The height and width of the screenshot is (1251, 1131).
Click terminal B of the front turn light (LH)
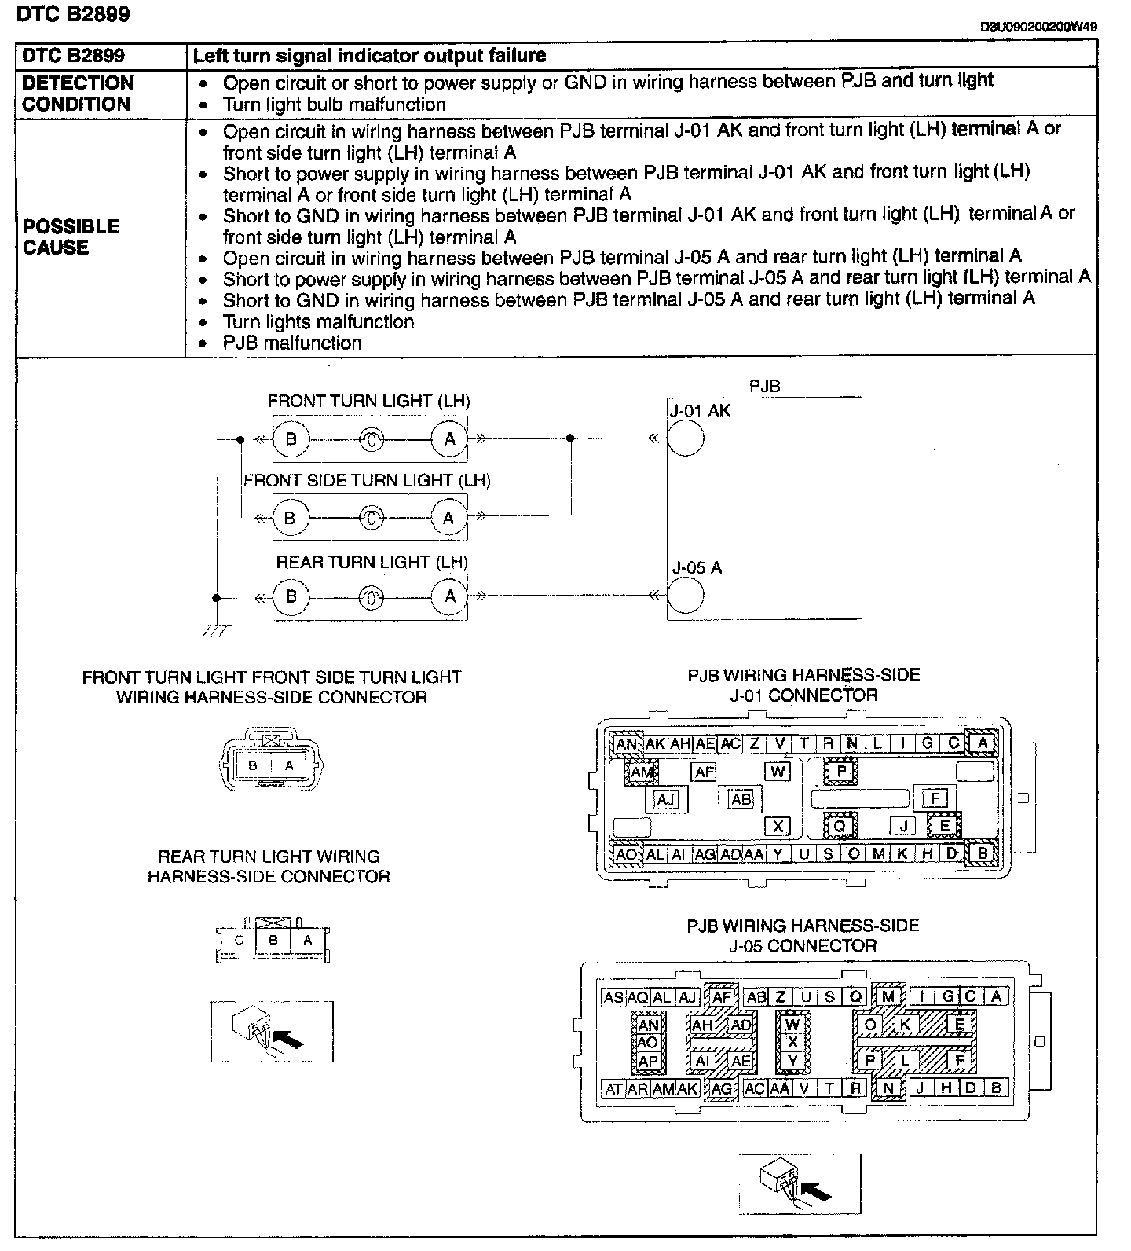(x=291, y=438)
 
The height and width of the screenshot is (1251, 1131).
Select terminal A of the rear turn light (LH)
(x=450, y=596)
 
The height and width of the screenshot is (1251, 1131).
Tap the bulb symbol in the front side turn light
(x=371, y=518)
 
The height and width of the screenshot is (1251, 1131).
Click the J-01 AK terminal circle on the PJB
(x=685, y=438)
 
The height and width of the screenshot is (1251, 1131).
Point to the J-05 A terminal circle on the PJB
(x=685, y=595)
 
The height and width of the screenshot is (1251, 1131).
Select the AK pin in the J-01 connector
(x=655, y=743)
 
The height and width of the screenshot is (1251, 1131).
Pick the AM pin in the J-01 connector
(x=642, y=772)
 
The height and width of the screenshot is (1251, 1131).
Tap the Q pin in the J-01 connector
(x=840, y=826)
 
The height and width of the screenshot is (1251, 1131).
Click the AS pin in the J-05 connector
(x=613, y=997)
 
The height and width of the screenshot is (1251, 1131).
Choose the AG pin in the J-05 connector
(x=721, y=1088)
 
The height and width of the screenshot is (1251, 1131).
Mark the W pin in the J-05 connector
(x=792, y=1025)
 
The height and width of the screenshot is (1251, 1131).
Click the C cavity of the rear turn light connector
(x=239, y=940)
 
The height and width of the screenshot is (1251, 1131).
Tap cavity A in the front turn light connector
(x=289, y=765)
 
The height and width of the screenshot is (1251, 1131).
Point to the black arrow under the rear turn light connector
(x=291, y=1040)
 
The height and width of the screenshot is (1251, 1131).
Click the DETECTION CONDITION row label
(x=78, y=94)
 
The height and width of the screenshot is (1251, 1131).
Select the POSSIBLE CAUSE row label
(x=71, y=237)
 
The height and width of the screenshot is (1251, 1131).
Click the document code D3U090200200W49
(x=1038, y=26)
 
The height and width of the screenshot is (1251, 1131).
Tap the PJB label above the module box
(x=764, y=386)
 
